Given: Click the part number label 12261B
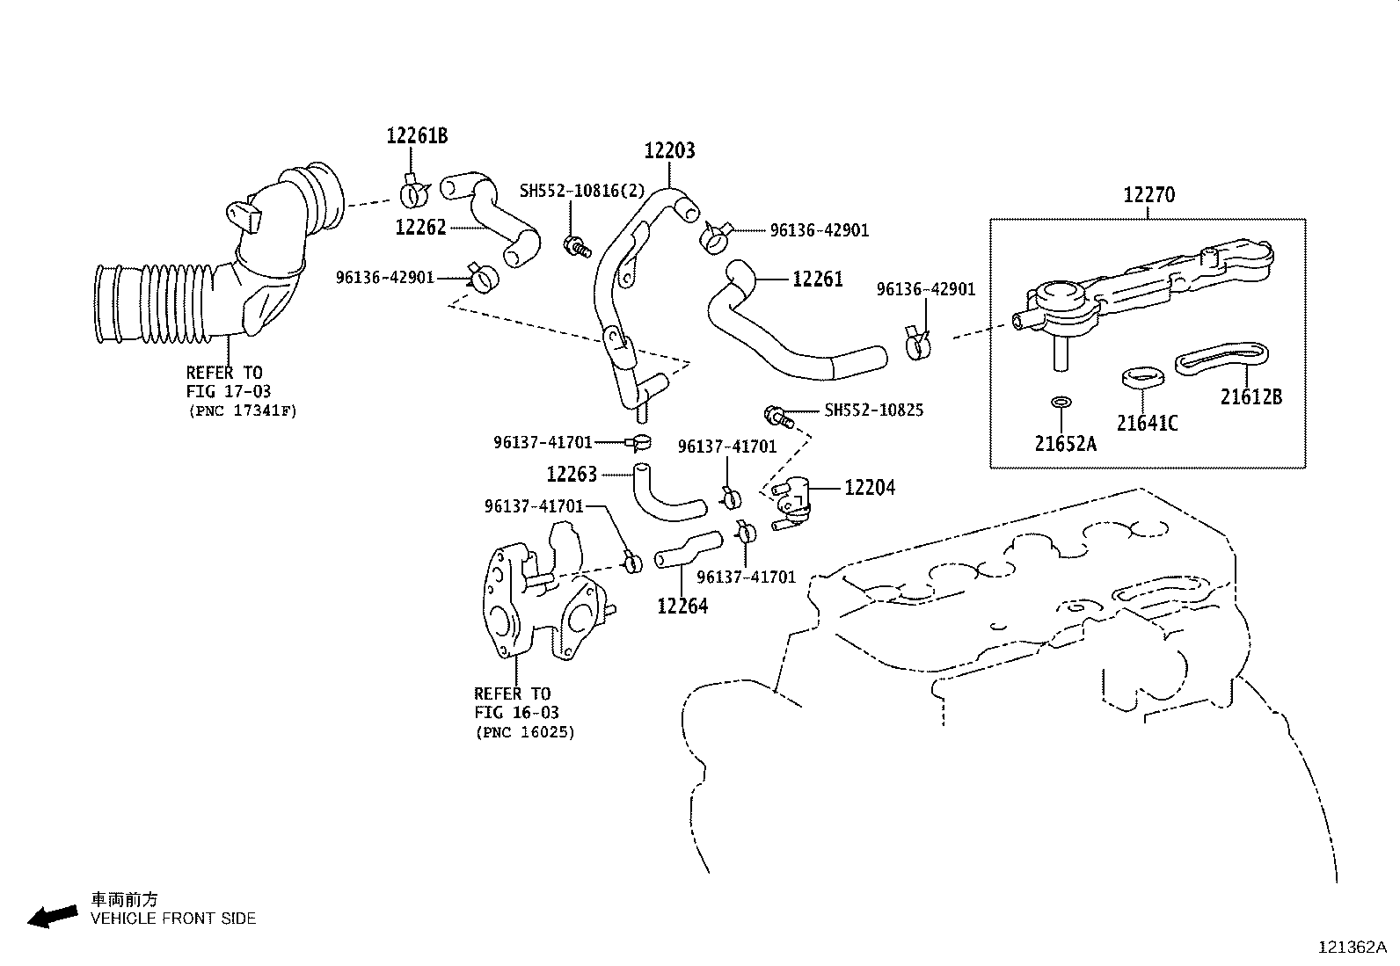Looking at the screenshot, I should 417,135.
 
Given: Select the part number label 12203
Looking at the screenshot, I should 669,150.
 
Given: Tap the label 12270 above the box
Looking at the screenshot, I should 1148,194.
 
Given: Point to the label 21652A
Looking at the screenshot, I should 1065,443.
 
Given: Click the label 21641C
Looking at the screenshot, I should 1147,423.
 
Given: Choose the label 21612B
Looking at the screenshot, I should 1251,397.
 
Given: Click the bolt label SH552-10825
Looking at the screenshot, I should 873,410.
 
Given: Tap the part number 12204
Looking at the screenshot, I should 869,487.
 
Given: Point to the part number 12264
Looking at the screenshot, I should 682,606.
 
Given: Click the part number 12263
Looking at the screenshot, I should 572,475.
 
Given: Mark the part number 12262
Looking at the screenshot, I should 421,228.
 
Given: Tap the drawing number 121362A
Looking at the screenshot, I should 1351,947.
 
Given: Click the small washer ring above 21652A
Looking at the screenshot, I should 1061,402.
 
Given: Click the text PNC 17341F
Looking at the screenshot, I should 242,410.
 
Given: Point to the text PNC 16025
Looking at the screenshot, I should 524,731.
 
